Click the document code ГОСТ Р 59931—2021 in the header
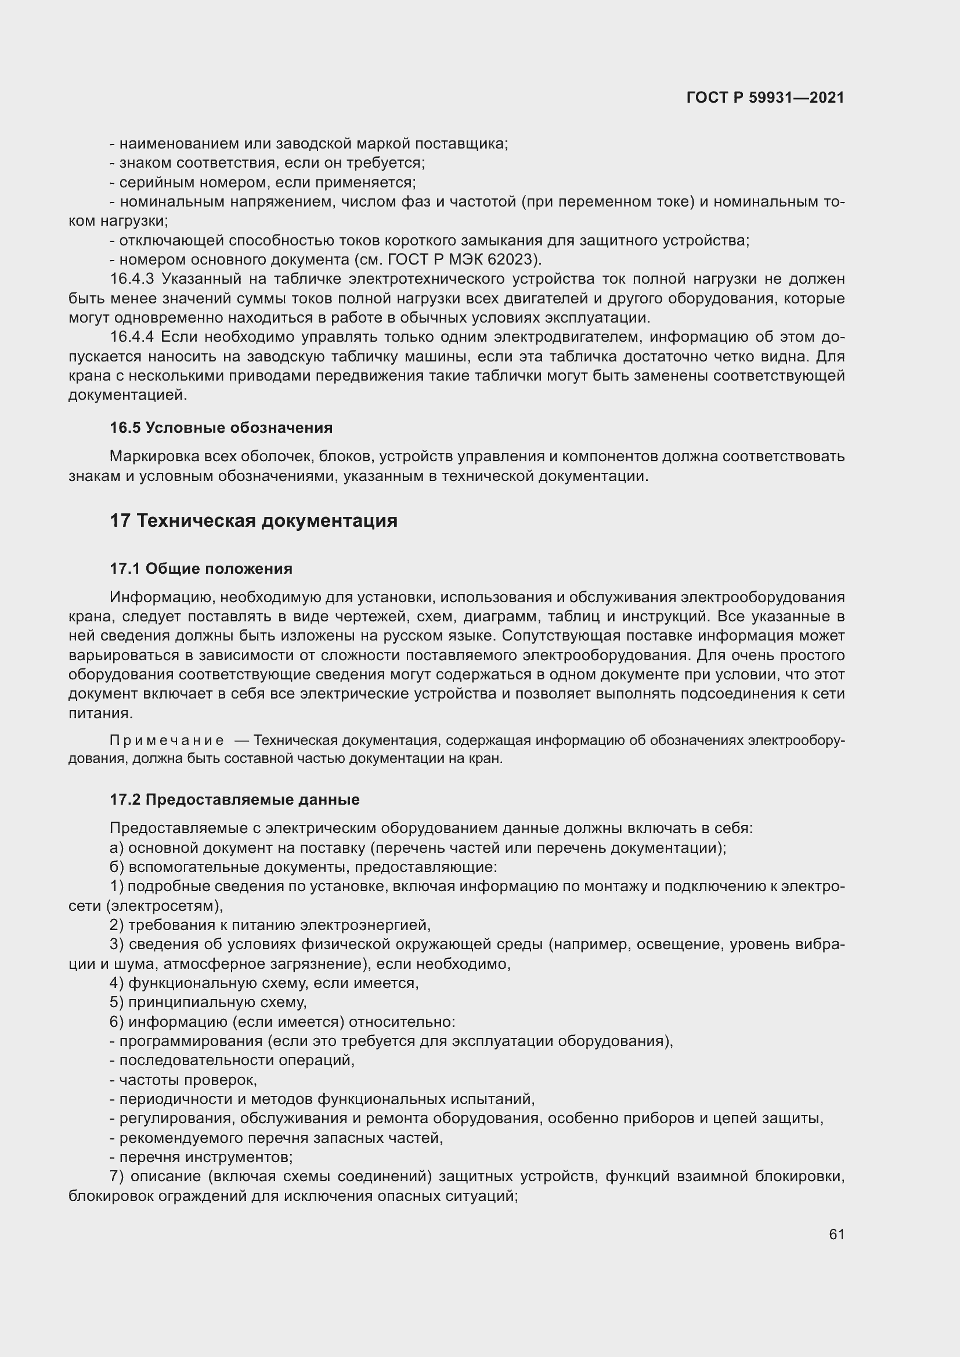pos(765,97)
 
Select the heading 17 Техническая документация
pos(254,520)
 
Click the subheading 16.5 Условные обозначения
pos(221,428)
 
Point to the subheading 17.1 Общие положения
pos(201,569)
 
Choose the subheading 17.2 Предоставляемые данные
pos(234,799)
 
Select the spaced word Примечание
pos(167,741)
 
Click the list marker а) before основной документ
pos(117,848)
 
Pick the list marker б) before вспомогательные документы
pos(117,867)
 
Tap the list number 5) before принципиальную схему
pos(117,1003)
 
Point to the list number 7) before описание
pos(117,1177)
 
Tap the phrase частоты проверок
pos(188,1080)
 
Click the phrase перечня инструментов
pos(205,1157)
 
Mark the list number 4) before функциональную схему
pos(117,983)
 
